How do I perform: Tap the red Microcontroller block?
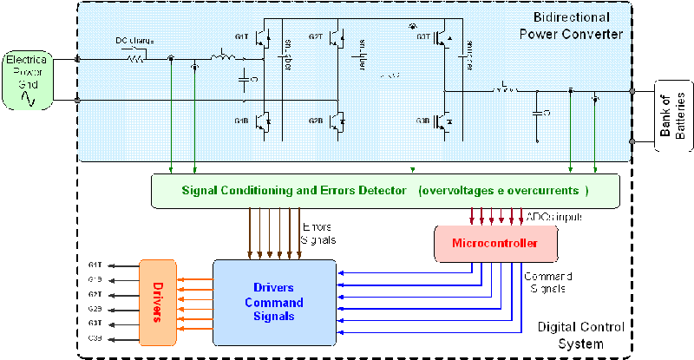pos(495,245)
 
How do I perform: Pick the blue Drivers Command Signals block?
pos(274,303)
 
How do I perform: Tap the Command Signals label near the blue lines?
pos(546,282)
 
